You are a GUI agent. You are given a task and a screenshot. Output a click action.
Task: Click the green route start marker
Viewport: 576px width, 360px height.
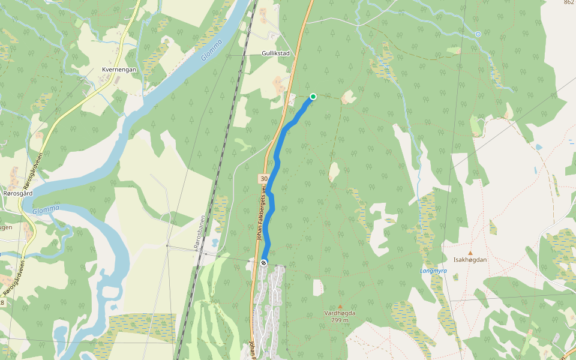click(313, 97)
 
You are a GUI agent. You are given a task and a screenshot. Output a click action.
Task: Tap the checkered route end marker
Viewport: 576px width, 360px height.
click(264, 263)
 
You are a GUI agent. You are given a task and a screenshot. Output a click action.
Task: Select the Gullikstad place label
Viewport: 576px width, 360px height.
click(275, 53)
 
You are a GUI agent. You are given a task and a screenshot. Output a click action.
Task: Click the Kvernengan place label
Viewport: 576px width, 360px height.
click(119, 70)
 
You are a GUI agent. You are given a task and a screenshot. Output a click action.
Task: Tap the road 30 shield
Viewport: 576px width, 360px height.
click(264, 179)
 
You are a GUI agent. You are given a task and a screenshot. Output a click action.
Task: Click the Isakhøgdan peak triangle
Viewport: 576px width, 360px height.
click(470, 253)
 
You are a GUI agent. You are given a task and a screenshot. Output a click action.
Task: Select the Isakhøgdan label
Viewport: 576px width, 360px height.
click(470, 260)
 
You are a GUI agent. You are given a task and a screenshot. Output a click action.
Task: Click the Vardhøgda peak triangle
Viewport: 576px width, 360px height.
click(340, 307)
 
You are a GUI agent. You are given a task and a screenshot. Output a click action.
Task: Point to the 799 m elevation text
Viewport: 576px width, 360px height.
click(340, 320)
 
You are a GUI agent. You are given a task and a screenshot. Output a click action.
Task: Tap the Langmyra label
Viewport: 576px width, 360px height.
click(434, 271)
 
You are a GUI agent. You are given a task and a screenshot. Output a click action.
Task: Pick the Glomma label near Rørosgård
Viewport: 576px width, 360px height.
click(46, 209)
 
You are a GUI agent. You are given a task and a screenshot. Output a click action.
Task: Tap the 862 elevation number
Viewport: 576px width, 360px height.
click(569, 3)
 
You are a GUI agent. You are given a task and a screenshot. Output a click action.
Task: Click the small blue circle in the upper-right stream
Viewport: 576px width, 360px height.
click(478, 34)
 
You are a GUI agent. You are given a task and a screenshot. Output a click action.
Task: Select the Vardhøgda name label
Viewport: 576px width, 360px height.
click(340, 313)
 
